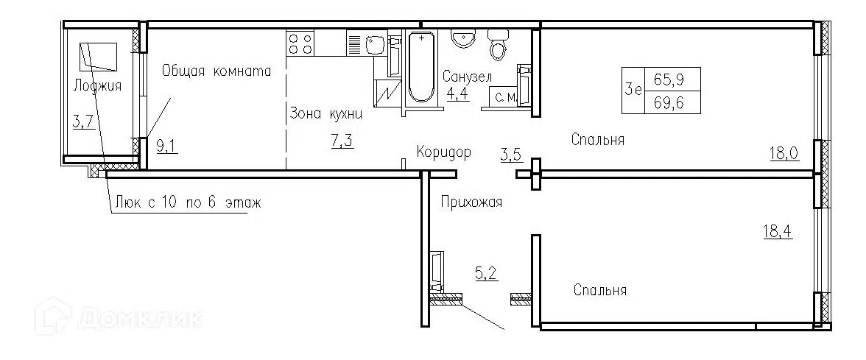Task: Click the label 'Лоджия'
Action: (97, 86)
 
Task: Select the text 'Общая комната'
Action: (216, 71)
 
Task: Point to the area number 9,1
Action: (168, 144)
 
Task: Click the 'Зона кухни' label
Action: (325, 113)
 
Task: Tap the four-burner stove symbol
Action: (300, 43)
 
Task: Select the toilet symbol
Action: (499, 46)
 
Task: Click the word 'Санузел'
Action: (468, 77)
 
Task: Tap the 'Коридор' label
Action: (443, 152)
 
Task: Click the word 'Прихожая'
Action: (472, 202)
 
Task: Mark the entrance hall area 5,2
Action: (486, 275)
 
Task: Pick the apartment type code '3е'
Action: (632, 90)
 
